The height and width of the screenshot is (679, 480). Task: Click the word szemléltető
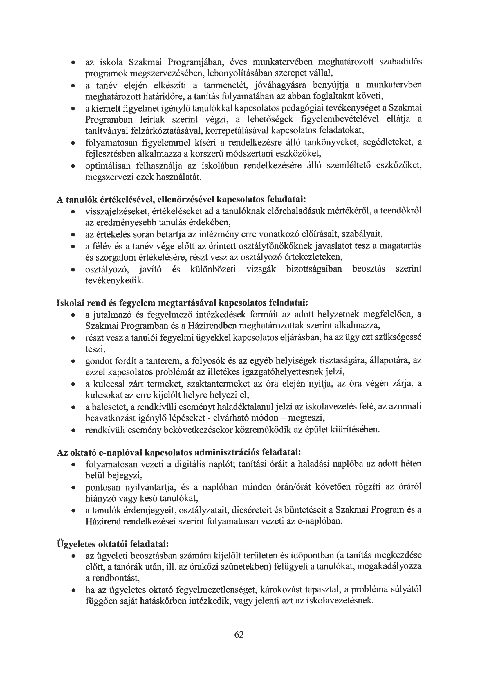coord(348,166)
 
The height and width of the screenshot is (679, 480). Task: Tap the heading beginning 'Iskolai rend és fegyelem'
coord(182,303)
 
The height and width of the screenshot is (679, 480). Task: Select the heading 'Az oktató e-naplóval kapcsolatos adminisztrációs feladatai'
coord(179,452)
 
